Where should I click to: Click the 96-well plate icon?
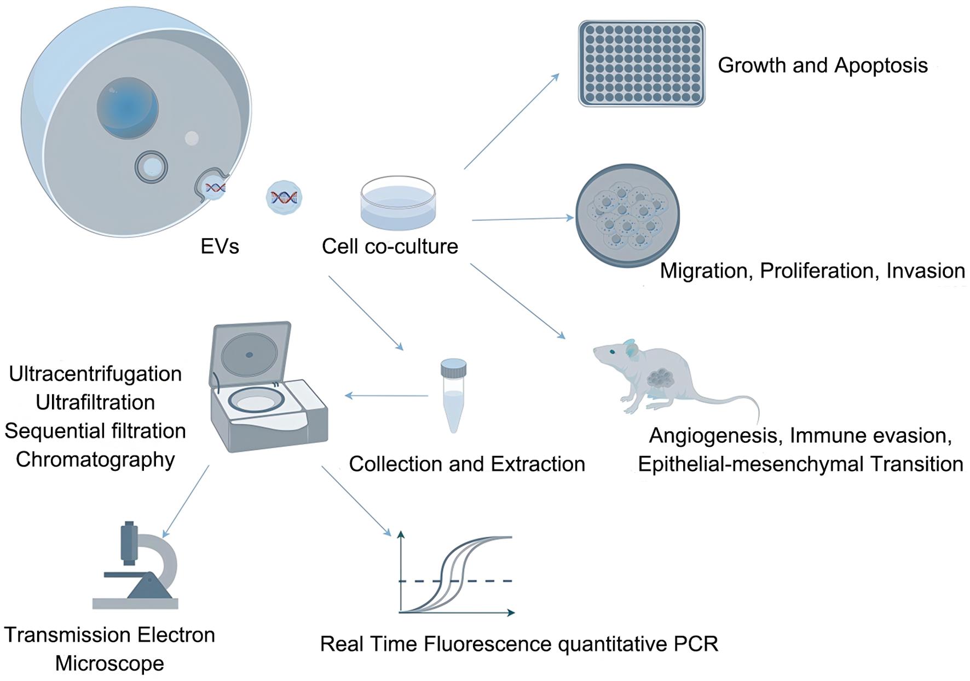point(642,64)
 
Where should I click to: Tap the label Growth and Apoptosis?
point(822,65)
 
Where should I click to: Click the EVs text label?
point(220,246)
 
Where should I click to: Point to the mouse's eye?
point(612,352)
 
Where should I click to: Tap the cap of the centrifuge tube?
point(453,367)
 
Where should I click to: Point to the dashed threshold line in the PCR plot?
point(482,581)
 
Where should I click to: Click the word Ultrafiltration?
point(95,402)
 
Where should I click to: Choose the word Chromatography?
point(95,459)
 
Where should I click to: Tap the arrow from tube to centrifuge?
point(386,395)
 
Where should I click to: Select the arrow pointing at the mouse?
point(517,301)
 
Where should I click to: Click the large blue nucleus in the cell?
point(128,107)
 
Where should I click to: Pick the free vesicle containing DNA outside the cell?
point(284,197)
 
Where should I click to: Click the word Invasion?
point(925,271)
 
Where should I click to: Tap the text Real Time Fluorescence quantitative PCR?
point(519,644)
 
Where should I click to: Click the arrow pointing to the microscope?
point(186,501)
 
